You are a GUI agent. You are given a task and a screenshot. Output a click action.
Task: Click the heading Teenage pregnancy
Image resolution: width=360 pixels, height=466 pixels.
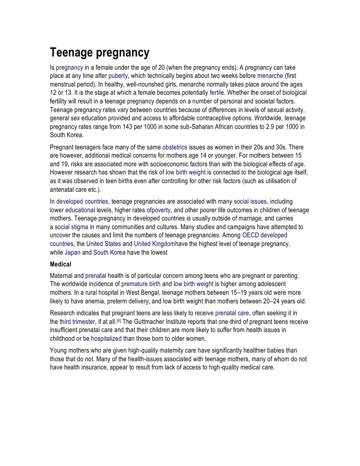(99, 53)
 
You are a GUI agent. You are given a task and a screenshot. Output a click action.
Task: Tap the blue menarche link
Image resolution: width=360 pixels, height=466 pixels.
(270, 76)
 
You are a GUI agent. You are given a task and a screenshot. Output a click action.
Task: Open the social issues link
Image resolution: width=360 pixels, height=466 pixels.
(250, 201)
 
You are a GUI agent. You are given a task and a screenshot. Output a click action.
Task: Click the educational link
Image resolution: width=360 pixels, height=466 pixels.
(80, 210)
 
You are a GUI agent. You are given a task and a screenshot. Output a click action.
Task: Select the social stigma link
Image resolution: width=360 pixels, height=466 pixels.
(71, 227)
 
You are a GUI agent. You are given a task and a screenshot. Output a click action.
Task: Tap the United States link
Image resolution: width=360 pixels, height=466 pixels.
(104, 244)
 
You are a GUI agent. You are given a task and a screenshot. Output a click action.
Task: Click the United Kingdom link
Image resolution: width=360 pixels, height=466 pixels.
(154, 244)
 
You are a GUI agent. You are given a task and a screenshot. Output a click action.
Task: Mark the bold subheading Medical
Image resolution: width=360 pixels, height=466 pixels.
(61, 264)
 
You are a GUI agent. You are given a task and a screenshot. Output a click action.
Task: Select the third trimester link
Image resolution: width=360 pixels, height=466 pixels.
(75, 322)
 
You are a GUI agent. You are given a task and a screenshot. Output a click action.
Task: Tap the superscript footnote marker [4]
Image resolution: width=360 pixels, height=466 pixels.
(119, 320)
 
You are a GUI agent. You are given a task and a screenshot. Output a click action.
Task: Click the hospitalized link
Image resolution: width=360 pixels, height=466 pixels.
(106, 338)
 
